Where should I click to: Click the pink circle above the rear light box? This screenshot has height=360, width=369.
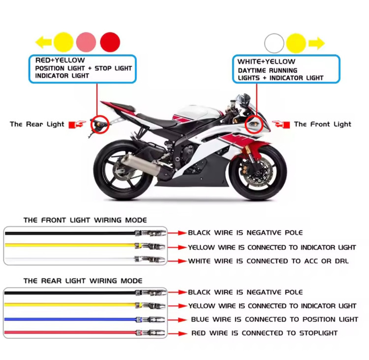click(x=86, y=42)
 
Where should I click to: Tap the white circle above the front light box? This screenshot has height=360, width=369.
click(x=274, y=43)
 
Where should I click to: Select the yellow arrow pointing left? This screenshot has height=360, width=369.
click(x=43, y=42)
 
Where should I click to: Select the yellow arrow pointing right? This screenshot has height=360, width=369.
click(x=316, y=43)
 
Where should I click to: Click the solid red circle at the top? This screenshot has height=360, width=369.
click(x=110, y=42)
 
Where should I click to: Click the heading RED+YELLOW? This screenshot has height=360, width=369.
click(x=60, y=60)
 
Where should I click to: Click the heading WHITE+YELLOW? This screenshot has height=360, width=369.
click(x=266, y=62)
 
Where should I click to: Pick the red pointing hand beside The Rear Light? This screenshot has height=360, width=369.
click(x=77, y=124)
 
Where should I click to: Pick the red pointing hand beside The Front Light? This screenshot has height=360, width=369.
click(x=281, y=124)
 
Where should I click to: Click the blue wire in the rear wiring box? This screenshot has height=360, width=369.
click(x=70, y=320)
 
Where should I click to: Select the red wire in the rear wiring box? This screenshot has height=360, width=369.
click(x=70, y=333)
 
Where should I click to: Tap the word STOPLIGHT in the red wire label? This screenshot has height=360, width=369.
click(x=318, y=333)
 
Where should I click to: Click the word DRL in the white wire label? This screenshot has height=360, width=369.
click(x=342, y=262)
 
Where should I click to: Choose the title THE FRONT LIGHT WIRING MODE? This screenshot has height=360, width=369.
click(x=85, y=220)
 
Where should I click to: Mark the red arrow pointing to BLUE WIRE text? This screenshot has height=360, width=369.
click(x=178, y=320)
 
